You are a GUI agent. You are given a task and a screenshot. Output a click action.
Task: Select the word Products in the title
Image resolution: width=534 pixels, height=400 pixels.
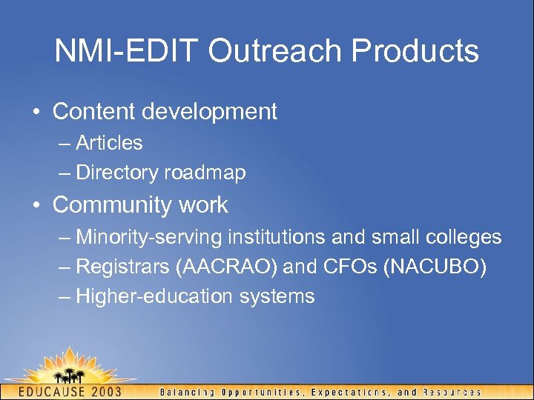pyautogui.click(x=415, y=51)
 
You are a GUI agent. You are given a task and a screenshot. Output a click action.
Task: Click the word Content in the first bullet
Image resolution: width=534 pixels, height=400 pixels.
pyautogui.click(x=94, y=112)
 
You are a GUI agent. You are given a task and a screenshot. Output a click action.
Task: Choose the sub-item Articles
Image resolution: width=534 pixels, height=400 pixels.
pyautogui.click(x=109, y=142)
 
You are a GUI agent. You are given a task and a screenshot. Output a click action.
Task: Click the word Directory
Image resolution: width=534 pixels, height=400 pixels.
pyautogui.click(x=116, y=173)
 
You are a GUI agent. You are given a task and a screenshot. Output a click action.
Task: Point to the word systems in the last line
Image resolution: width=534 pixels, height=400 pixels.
pyautogui.click(x=277, y=297)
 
